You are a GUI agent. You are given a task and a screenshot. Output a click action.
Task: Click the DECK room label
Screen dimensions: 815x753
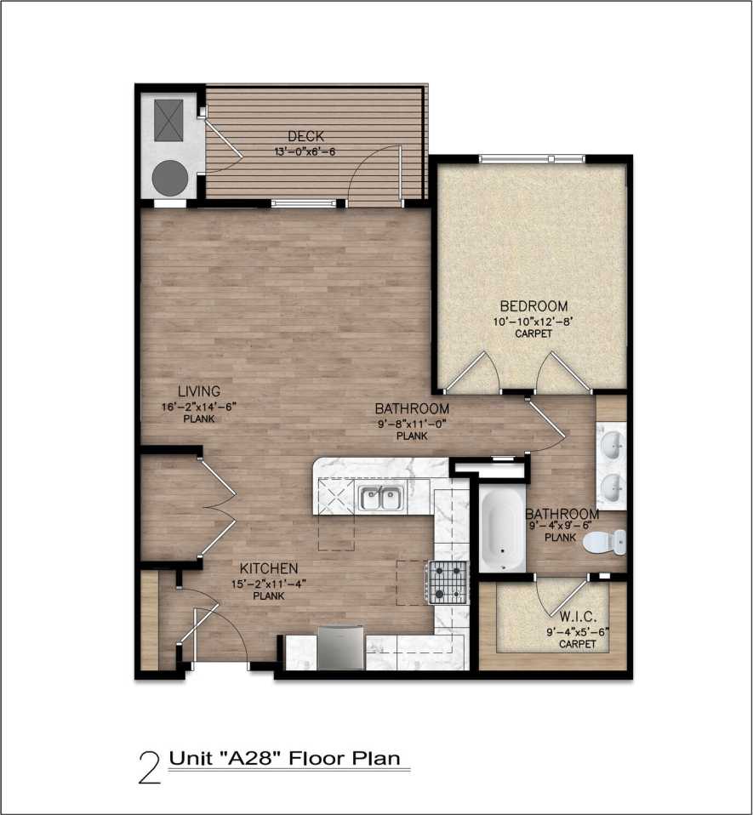pos(305,136)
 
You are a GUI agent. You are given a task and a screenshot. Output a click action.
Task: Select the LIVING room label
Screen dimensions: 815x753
pos(199,391)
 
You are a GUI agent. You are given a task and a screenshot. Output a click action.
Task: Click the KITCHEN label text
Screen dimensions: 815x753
pos(268,568)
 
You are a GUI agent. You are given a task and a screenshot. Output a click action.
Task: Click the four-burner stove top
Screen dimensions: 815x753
pos(448,582)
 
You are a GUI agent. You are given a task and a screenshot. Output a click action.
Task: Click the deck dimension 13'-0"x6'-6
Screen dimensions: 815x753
pos(305,151)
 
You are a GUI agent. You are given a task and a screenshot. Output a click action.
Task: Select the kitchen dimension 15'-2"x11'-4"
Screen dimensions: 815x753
pos(267,583)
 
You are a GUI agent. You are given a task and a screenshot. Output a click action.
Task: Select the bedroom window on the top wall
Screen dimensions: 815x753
pos(531,158)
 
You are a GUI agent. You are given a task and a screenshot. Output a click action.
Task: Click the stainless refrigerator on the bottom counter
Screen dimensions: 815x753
pos(340,649)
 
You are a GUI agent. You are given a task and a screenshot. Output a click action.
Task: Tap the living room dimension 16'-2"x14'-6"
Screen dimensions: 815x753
pos(199,406)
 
